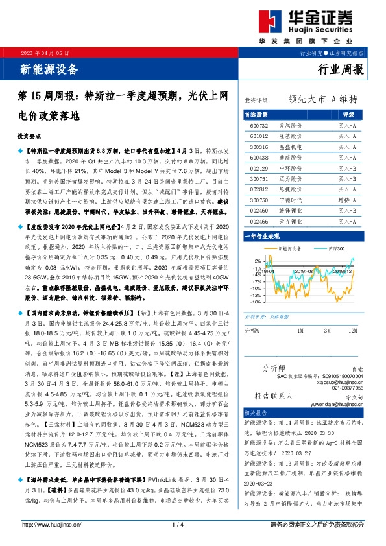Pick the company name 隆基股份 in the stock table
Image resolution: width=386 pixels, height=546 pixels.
point(290,137)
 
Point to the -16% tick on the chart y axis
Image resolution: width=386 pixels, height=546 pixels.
point(257,302)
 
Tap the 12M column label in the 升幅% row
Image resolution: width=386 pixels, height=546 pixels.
point(352,331)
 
